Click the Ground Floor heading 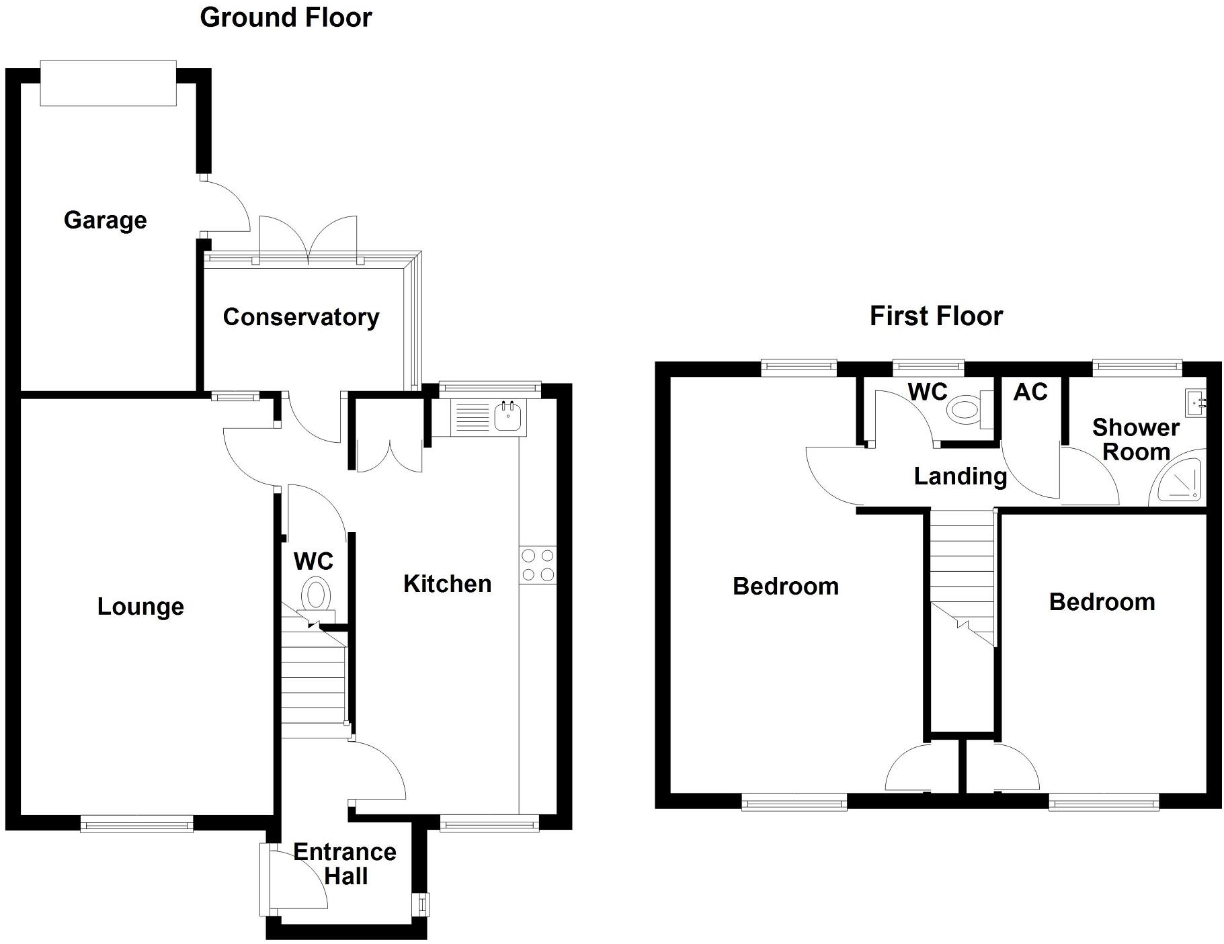pyautogui.click(x=286, y=17)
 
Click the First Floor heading pyautogui.click(x=936, y=316)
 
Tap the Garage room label pyautogui.click(x=105, y=220)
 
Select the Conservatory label pyautogui.click(x=300, y=317)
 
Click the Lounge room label pyautogui.click(x=140, y=607)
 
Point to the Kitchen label pyautogui.click(x=447, y=584)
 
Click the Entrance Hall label pyautogui.click(x=345, y=864)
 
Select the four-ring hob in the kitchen pyautogui.click(x=538, y=565)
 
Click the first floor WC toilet pyautogui.click(x=965, y=409)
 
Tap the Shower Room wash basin pyautogui.click(x=1195, y=403)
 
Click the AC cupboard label pyautogui.click(x=1030, y=392)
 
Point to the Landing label pyautogui.click(x=960, y=476)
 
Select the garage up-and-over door pyautogui.click(x=108, y=83)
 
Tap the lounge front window pyautogui.click(x=136, y=823)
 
